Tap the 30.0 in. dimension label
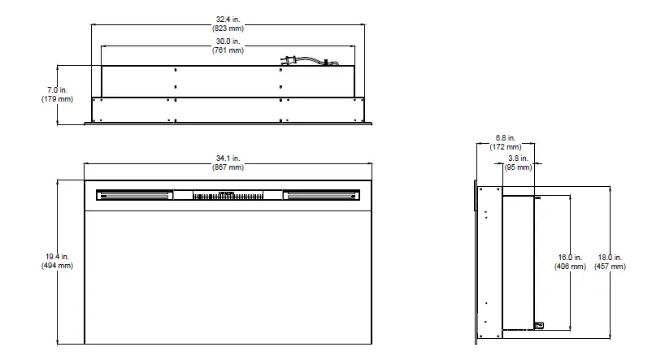[228, 41]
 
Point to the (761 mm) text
[228, 50]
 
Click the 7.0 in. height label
[57, 89]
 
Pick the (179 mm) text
[57, 99]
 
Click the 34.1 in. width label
[228, 158]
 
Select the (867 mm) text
[228, 167]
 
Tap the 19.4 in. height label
[57, 257]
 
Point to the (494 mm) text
[57, 266]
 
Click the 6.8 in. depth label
[506, 138]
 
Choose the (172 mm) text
[506, 147]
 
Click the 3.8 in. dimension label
[518, 158]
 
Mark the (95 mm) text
[518, 167]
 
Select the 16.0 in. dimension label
[570, 257]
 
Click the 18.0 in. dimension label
[610, 257]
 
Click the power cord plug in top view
[287, 60]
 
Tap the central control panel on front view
[228, 195]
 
